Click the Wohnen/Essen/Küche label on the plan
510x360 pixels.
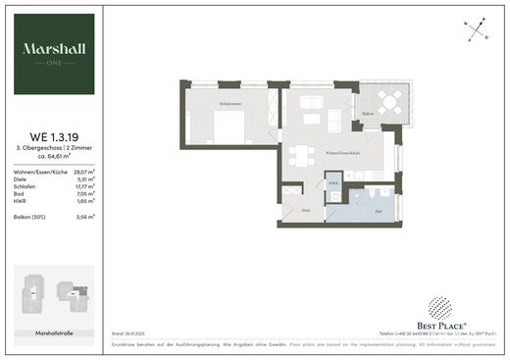(x=342, y=154)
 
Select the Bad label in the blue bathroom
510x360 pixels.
(x=379, y=211)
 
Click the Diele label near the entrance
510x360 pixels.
(x=306, y=211)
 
